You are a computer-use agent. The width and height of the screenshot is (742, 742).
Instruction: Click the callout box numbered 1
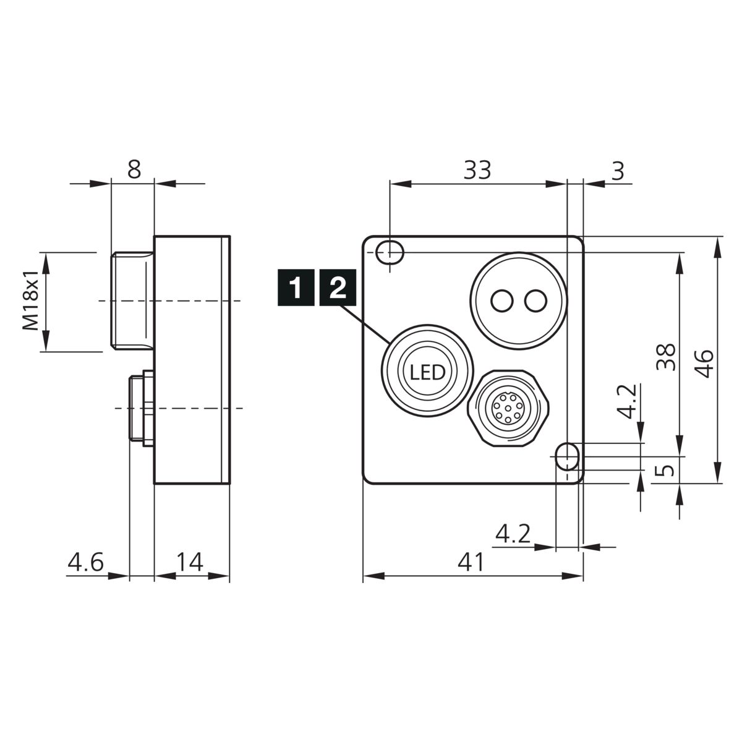(x=296, y=288)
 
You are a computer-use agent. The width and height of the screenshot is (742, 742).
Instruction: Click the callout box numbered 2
(x=338, y=288)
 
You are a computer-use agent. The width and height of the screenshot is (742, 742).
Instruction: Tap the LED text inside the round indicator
(x=427, y=372)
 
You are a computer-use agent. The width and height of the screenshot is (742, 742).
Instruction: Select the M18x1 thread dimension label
(x=31, y=301)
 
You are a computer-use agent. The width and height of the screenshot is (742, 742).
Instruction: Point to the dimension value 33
(x=477, y=170)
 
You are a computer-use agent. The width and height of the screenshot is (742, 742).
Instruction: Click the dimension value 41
(x=471, y=562)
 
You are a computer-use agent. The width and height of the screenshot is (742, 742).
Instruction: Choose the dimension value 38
(x=666, y=357)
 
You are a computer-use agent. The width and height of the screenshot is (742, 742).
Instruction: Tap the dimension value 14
(x=190, y=562)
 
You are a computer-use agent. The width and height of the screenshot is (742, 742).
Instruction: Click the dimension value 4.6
(x=85, y=562)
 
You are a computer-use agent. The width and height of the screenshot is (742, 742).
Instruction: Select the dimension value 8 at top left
(x=134, y=169)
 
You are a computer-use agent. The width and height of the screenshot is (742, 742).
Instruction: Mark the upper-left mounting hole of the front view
(x=390, y=253)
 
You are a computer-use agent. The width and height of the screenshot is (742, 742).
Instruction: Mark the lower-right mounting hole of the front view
(x=567, y=457)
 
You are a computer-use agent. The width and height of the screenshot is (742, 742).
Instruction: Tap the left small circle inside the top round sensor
(x=501, y=301)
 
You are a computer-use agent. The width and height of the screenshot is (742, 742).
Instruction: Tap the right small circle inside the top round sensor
(x=535, y=301)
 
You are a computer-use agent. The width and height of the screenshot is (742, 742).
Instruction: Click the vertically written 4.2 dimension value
(x=627, y=401)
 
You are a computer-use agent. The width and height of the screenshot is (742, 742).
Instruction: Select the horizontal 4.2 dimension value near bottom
(x=513, y=534)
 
